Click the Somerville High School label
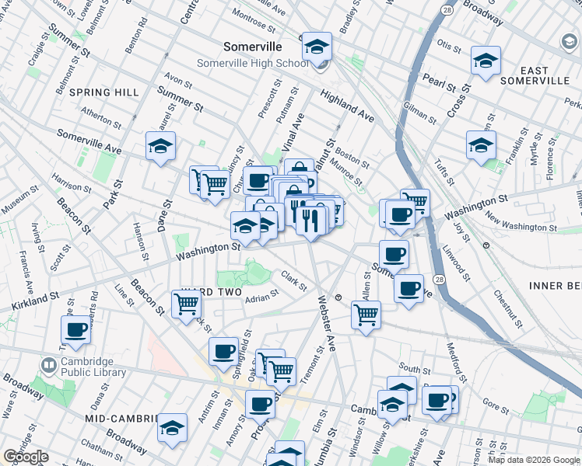click(252, 64)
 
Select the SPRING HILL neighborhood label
click(103, 92)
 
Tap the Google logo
click(26, 457)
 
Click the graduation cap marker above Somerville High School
click(317, 47)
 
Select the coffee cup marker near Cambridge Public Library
click(76, 330)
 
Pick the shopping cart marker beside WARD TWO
click(186, 304)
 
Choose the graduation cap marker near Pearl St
click(486, 61)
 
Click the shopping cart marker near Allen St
click(366, 315)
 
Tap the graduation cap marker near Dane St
click(160, 146)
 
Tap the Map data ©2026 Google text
click(534, 460)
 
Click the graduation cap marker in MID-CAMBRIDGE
click(172, 428)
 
